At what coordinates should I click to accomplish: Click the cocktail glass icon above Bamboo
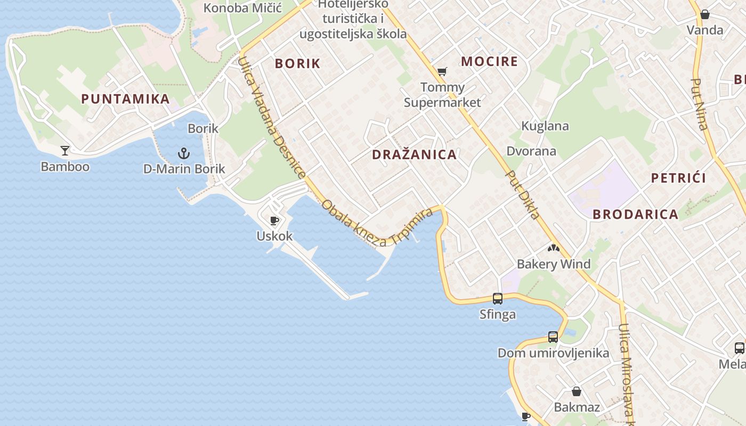[65, 151]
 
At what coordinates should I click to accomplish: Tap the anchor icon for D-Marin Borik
[184, 154]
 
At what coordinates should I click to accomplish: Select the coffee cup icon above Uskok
[274, 220]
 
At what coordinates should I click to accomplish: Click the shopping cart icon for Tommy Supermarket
[442, 71]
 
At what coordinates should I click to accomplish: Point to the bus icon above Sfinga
[498, 299]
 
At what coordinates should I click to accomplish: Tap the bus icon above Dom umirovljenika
[553, 337]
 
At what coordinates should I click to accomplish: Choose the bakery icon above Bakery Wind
[554, 248]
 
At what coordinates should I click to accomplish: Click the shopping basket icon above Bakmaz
[577, 392]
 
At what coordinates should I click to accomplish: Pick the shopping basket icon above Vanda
[705, 14]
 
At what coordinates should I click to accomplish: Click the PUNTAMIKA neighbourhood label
[125, 99]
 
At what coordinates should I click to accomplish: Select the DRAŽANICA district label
[414, 155]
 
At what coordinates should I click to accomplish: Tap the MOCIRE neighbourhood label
[489, 61]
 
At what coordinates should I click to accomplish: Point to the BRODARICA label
[635, 215]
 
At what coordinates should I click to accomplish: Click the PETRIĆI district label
[678, 178]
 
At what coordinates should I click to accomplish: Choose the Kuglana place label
[545, 126]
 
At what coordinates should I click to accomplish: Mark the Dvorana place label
[531, 151]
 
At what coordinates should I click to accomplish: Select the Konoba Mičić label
[242, 8]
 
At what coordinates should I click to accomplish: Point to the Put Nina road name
[700, 104]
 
